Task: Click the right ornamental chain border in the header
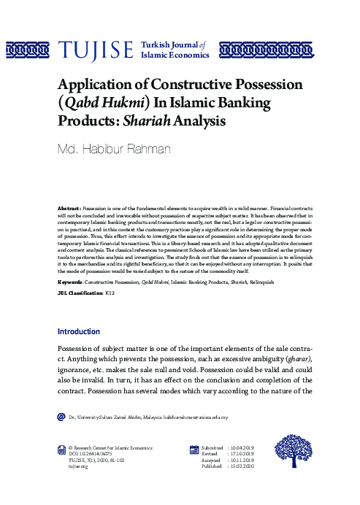point(252,50)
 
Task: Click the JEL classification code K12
point(110,292)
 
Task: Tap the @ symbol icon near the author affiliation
point(61,417)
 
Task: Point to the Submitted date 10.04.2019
point(242,447)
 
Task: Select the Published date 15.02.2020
point(242,466)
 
